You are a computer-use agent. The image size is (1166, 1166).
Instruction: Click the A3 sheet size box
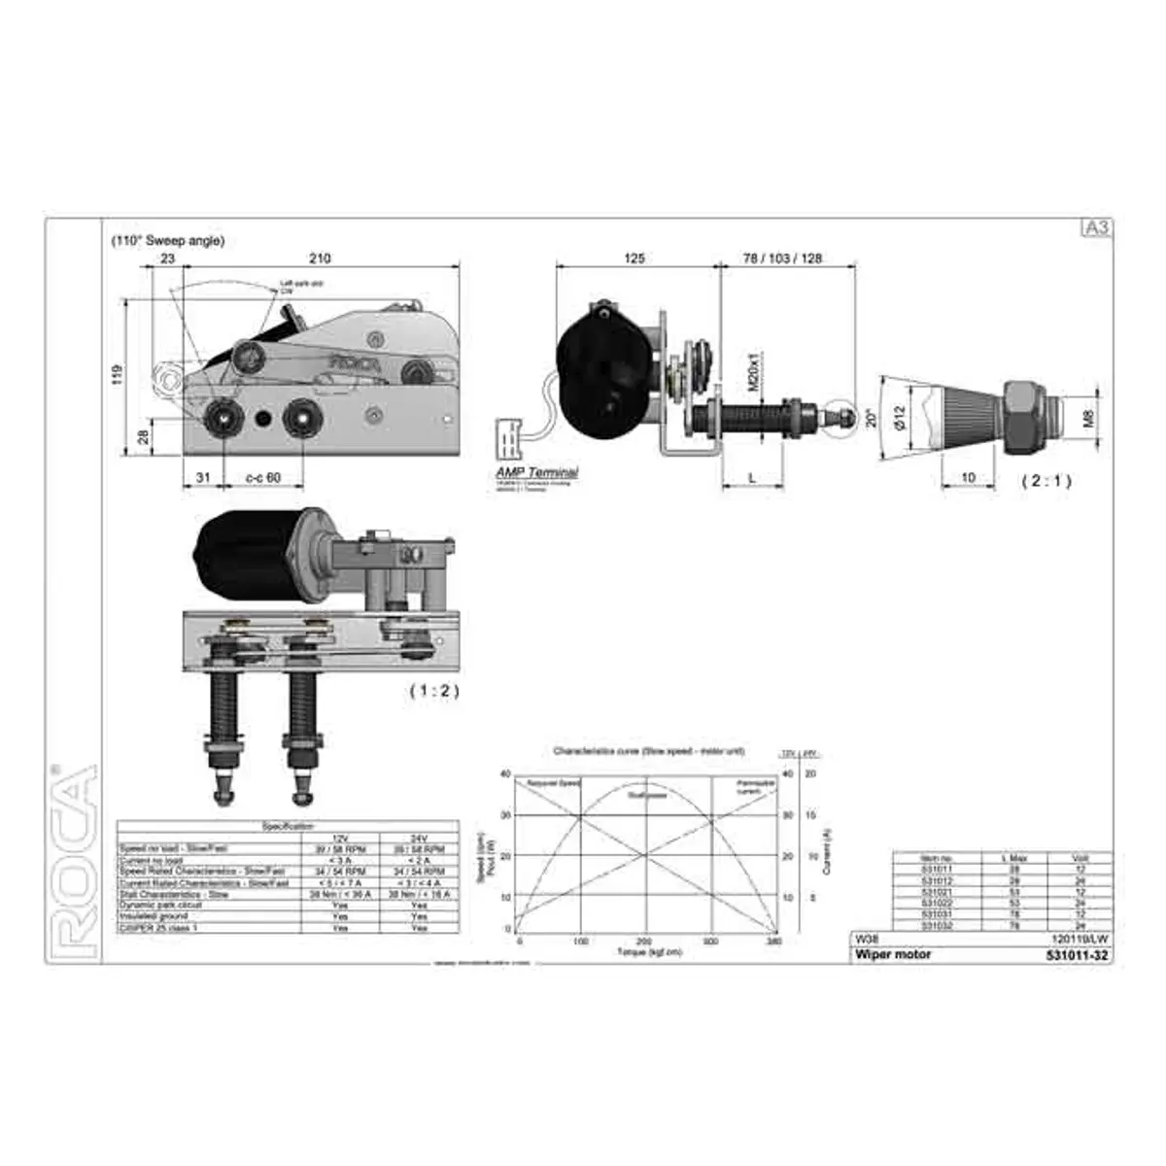click(x=1096, y=228)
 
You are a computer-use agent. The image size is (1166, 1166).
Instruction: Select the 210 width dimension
click(x=320, y=258)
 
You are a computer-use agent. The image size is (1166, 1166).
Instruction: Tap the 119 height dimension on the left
click(x=118, y=374)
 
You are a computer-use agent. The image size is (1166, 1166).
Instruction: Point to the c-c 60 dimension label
click(x=262, y=477)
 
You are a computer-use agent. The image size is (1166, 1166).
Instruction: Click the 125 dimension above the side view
click(x=634, y=258)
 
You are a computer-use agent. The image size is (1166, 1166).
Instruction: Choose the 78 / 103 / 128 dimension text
click(x=782, y=258)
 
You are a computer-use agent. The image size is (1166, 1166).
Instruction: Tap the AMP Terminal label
click(x=537, y=471)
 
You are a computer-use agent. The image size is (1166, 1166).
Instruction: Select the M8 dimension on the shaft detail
click(x=1089, y=418)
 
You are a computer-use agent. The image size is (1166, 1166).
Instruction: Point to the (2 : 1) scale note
click(x=1046, y=480)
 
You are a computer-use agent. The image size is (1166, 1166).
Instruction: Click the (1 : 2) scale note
click(x=433, y=691)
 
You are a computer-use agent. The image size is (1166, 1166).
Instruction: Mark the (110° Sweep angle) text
click(x=167, y=240)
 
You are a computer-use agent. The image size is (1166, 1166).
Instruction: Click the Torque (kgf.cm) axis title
click(x=649, y=952)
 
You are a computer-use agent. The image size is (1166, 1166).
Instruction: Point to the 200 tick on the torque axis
click(x=643, y=942)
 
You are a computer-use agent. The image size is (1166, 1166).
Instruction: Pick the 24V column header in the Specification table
click(x=419, y=837)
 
